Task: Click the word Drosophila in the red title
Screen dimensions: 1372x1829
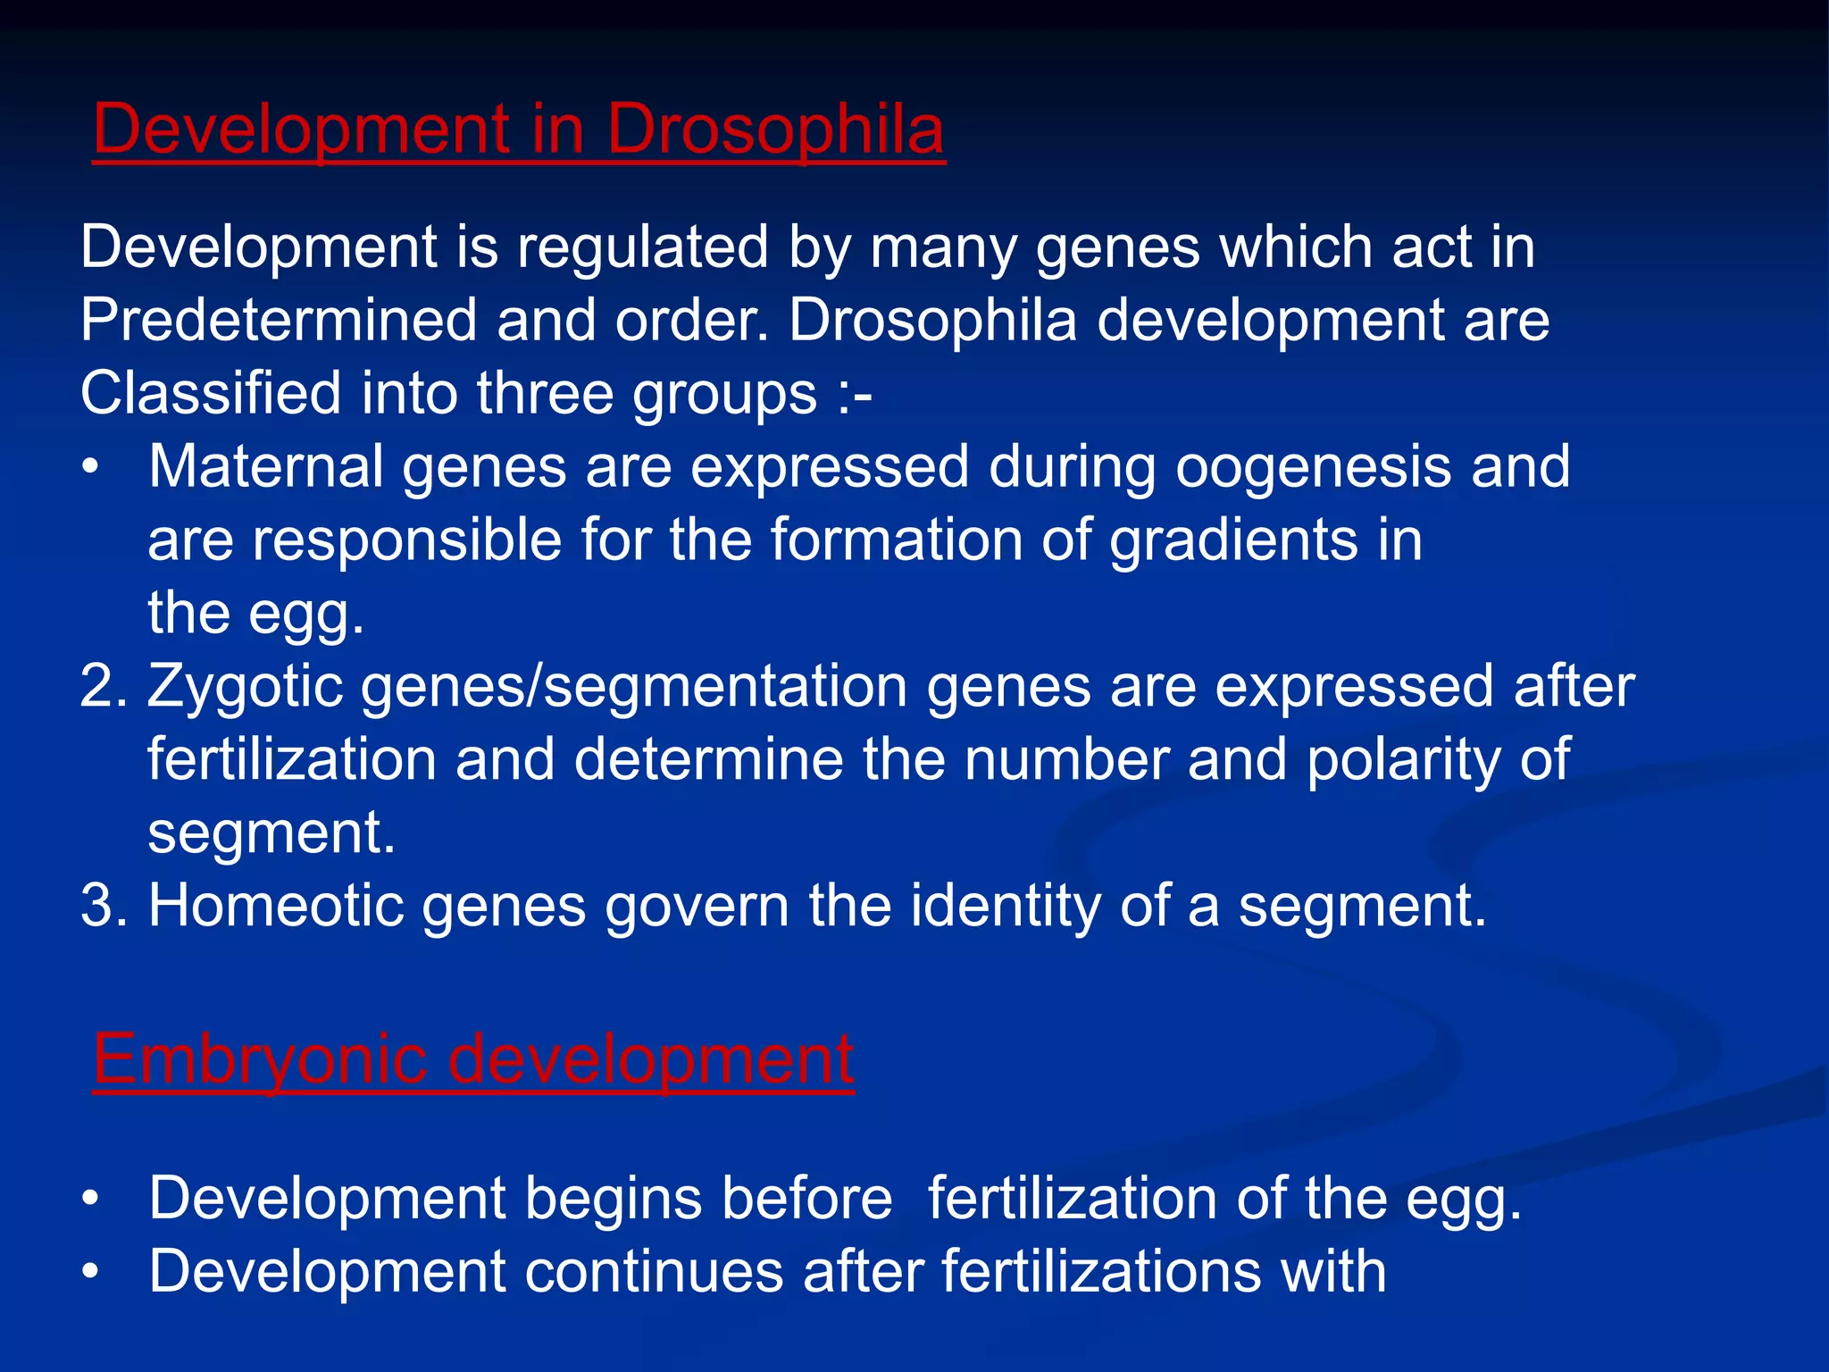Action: (x=774, y=130)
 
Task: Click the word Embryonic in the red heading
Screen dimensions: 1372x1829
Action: (x=259, y=1060)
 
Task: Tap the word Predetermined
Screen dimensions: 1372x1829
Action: (x=279, y=321)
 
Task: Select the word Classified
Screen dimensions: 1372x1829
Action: (x=211, y=394)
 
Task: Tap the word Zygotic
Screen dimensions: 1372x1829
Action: (x=245, y=688)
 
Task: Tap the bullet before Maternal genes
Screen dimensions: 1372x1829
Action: (x=89, y=468)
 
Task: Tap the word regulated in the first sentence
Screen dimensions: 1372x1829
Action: (x=642, y=248)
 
